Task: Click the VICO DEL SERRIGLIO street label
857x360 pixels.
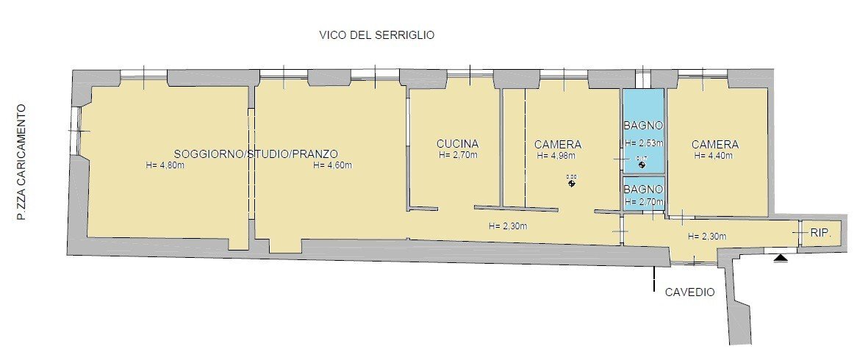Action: (377, 35)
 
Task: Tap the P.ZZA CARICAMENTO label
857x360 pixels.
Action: (22, 163)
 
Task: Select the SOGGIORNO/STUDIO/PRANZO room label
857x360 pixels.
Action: (256, 154)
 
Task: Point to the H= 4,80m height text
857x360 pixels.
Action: (165, 165)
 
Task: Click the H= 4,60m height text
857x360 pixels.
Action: (332, 165)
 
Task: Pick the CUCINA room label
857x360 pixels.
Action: (457, 144)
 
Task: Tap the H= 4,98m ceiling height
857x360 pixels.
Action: (556, 156)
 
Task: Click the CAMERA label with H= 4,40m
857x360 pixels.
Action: (714, 145)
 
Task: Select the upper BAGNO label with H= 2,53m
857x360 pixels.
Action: (643, 125)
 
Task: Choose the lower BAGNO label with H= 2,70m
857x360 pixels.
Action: (643, 189)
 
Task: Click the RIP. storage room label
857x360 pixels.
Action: (821, 234)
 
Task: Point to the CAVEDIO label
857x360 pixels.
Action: (689, 292)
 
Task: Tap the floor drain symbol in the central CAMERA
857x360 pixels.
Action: (571, 182)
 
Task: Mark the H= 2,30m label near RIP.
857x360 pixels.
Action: (706, 237)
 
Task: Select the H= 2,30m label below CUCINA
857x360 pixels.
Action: (507, 226)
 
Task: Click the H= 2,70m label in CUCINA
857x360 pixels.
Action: (457, 156)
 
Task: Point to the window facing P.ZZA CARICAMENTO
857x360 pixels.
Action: (76, 131)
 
